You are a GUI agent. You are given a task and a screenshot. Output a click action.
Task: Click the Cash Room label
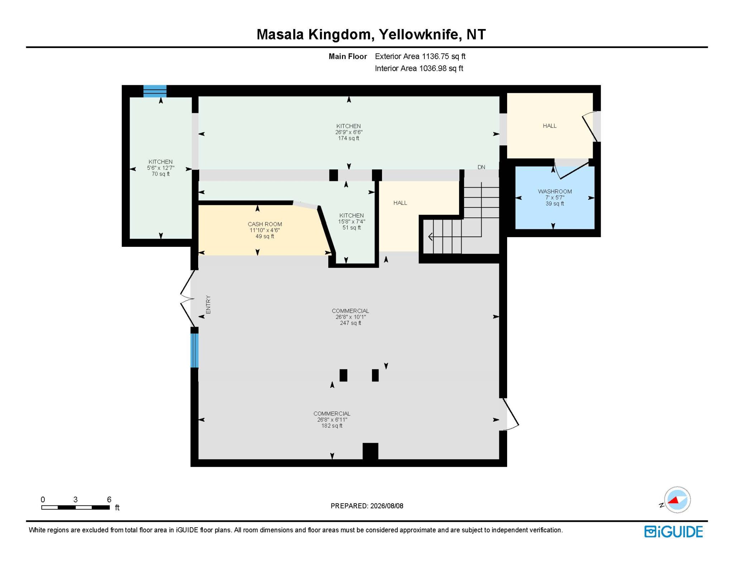click(265, 224)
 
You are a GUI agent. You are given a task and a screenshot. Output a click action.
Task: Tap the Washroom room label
click(555, 192)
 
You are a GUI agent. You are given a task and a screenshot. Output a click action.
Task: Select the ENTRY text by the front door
click(209, 304)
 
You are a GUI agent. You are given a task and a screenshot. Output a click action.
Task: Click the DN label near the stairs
click(481, 167)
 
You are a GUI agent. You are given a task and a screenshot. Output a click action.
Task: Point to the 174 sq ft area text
click(348, 138)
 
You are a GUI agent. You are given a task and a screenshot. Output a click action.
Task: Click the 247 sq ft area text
click(351, 323)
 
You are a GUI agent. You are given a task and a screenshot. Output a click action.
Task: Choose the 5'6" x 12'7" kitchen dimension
click(161, 168)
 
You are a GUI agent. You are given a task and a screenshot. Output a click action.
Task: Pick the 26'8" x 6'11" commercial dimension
click(332, 420)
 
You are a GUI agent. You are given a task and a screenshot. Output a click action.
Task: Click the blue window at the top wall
click(155, 91)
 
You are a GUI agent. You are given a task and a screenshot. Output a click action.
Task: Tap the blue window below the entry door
click(194, 350)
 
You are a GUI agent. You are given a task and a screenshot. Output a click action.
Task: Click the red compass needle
click(674, 500)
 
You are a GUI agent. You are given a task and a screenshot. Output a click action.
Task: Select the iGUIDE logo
click(673, 532)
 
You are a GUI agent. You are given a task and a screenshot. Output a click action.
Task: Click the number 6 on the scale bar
click(109, 499)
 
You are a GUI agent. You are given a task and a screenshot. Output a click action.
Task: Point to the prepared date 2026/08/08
click(387, 506)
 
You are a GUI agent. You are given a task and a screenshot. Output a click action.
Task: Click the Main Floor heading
click(348, 57)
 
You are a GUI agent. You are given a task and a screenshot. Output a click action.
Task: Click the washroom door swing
click(572, 169)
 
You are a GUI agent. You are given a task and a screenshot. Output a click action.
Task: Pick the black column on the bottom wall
click(370, 451)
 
